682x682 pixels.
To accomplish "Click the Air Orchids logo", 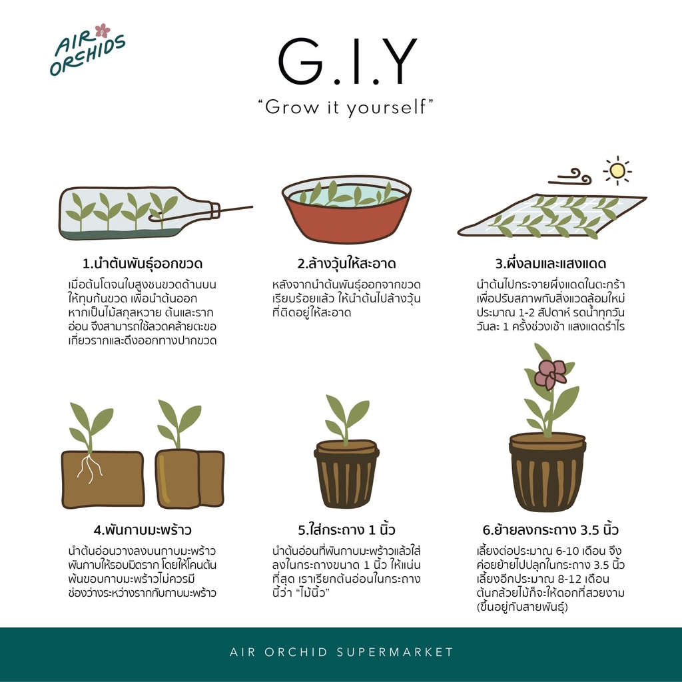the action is (87, 49).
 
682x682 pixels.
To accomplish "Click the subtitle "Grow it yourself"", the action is (346, 107).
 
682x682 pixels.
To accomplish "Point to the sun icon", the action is (617, 170).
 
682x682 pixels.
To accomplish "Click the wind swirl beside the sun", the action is (570, 176).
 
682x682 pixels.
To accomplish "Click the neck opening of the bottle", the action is (215, 210).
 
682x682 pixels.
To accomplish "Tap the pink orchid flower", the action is (550, 374).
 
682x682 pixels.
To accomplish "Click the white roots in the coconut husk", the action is (90, 468).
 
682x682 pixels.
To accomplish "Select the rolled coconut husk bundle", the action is (190, 478).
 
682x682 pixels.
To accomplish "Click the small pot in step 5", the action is (346, 474).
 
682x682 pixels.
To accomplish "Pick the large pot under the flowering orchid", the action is (547, 472).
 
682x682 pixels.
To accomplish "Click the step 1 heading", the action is (143, 264).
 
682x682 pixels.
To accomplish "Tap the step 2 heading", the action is (346, 264).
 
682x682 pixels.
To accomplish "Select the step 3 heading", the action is (551, 264).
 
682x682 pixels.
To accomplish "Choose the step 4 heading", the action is (143, 529).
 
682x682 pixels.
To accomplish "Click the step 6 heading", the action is (551, 529).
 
